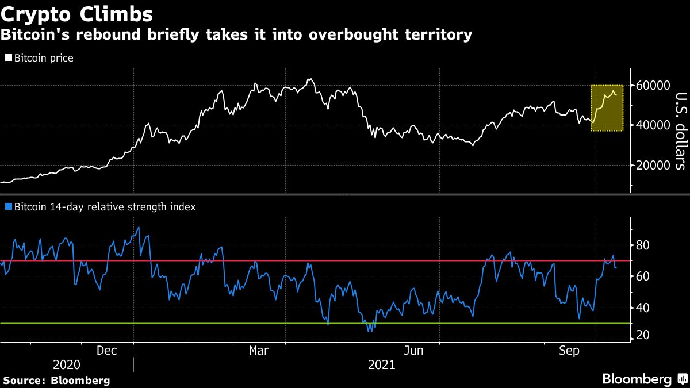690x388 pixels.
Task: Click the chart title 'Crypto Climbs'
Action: [77, 13]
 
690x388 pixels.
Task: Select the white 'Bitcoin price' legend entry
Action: [40, 58]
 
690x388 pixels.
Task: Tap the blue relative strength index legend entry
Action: [100, 207]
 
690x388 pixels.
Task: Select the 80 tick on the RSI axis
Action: [642, 245]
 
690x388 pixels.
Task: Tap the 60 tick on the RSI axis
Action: [642, 276]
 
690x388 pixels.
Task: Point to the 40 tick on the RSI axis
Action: [642, 308]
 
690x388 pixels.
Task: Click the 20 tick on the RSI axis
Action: [642, 336]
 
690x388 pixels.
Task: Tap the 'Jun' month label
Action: [415, 350]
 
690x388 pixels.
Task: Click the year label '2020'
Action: [67, 364]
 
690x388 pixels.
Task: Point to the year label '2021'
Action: [381, 364]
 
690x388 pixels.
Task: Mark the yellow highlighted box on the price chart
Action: [607, 108]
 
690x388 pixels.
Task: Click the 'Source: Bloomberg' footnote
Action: [56, 380]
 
